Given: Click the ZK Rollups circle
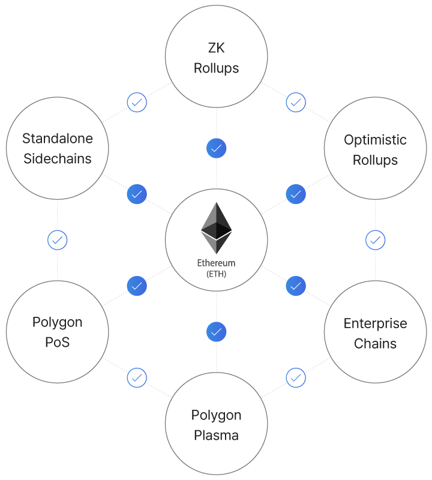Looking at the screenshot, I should [216, 58].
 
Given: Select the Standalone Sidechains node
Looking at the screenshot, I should [58, 148].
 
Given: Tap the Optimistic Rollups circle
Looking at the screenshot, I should [375, 149].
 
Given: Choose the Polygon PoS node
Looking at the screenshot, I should [58, 332].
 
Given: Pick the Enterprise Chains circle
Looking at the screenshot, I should [375, 333].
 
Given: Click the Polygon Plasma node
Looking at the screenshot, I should [216, 425].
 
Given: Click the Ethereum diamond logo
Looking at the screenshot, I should [216, 228].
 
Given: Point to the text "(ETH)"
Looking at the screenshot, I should [216, 274].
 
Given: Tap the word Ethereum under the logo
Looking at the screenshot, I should [216, 263].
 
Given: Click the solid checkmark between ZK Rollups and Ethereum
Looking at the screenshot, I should [216, 148].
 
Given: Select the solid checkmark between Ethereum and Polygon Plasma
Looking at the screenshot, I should [216, 331].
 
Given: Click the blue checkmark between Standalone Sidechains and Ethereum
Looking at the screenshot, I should [137, 194].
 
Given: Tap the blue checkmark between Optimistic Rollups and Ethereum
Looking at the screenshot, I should [295, 194].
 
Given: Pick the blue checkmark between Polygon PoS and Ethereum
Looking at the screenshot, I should [137, 286].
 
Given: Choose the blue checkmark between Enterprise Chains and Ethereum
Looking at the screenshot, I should [295, 286].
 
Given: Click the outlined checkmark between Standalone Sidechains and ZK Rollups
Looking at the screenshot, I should [137, 102].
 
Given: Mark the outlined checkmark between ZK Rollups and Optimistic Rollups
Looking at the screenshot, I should [295, 102].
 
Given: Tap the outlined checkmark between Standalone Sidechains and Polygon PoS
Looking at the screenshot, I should [58, 241].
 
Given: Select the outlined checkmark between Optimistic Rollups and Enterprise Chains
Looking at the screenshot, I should [375, 241].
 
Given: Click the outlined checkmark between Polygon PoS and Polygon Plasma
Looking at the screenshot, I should [137, 378].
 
